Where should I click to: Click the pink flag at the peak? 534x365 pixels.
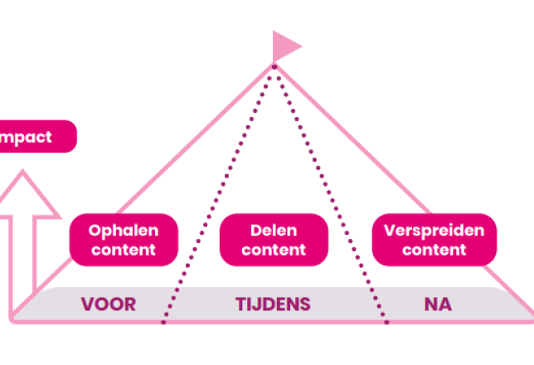[284, 46]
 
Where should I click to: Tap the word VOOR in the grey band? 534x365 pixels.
[109, 304]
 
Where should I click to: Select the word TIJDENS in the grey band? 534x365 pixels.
[273, 304]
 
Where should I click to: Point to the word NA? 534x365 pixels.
[438, 304]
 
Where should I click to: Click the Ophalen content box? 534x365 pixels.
[124, 240]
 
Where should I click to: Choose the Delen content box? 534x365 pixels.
[274, 240]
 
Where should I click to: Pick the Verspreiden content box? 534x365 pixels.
[434, 240]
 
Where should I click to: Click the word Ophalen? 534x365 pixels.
[124, 231]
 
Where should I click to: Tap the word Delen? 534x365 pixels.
[274, 231]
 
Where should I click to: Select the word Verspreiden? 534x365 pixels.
[434, 231]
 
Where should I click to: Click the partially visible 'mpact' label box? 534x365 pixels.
[37, 136]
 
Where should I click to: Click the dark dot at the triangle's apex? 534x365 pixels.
[274, 67]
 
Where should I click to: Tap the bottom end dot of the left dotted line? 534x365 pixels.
[163, 322]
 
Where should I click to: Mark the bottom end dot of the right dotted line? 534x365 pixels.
[387, 322]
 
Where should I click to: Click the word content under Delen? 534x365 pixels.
[274, 250]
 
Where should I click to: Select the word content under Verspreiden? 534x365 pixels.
[434, 250]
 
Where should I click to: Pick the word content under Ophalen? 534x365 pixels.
[124, 250]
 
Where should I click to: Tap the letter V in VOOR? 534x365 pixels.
[87, 304]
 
